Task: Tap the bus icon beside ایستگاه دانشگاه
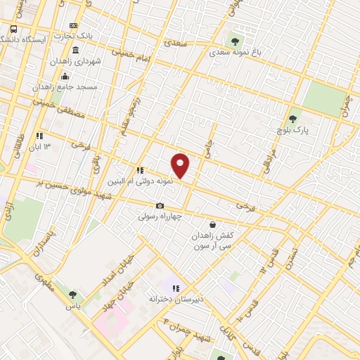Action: click(14, 30)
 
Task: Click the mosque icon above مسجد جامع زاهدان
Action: click(65, 77)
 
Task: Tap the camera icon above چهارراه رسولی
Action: click(160, 206)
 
